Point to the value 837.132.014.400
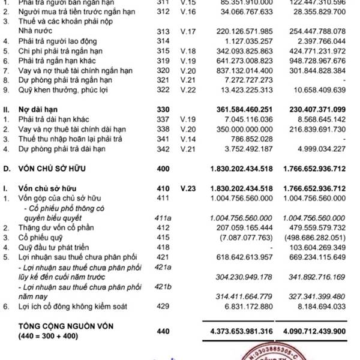coord(242,71)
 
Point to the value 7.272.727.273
coord(251,80)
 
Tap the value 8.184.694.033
coord(322,307)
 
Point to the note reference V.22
coord(189,91)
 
